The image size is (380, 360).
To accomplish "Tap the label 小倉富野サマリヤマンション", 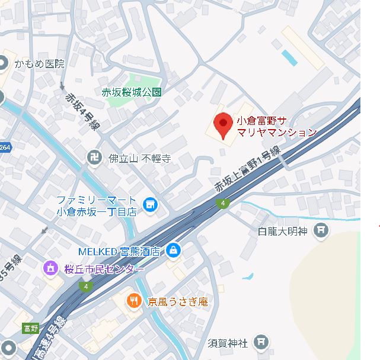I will tap(276, 126).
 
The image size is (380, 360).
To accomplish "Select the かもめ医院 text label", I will tap(39, 63).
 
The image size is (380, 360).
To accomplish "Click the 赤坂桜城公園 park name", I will tap(132, 92).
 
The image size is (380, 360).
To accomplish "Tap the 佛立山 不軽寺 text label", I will tap(140, 158).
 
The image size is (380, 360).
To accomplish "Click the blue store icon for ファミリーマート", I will tap(151, 205).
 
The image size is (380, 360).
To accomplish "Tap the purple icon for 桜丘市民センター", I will tap(50, 268).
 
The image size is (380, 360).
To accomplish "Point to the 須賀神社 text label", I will tap(228, 342).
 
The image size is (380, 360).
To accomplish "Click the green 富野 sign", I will tap(30, 328).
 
